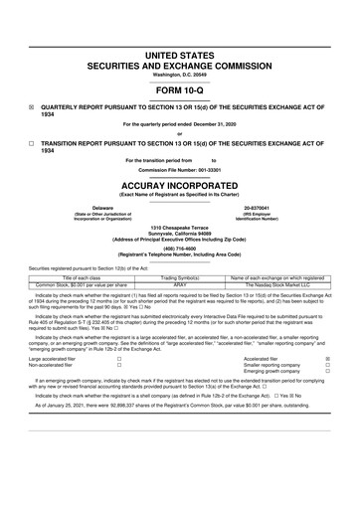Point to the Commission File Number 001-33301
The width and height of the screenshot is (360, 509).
pyautogui.click(x=180, y=169)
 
